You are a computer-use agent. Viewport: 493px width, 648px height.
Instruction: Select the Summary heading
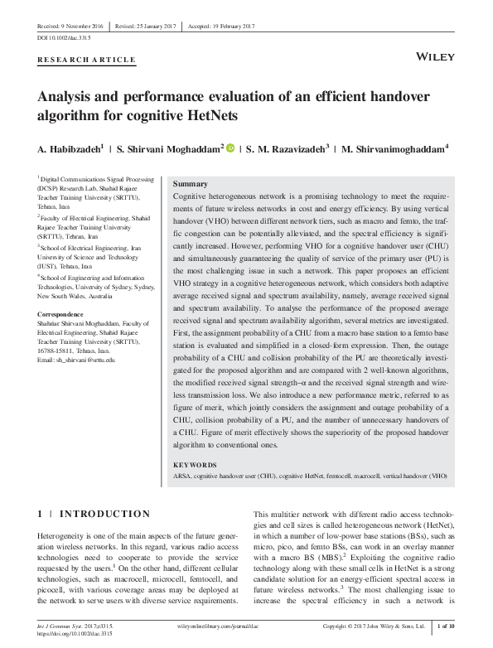[x=191, y=183]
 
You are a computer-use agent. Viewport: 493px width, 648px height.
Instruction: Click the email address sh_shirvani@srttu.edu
[x=76, y=384]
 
